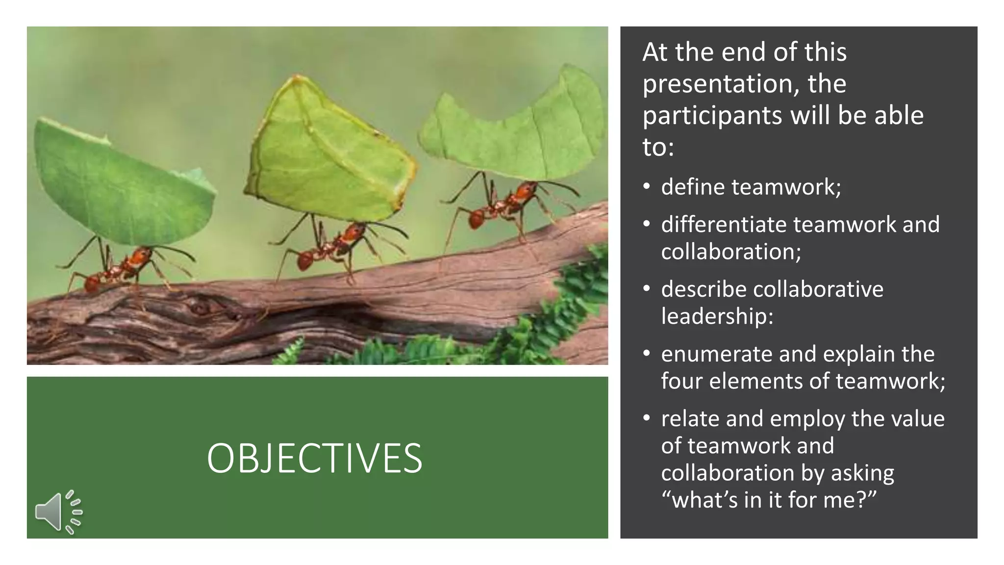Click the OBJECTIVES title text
[x=314, y=458]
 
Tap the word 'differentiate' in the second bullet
[x=724, y=225]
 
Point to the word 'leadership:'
[x=717, y=316]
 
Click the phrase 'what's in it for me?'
[x=768, y=500]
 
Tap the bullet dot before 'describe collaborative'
[x=647, y=289]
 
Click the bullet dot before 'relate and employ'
[x=647, y=418]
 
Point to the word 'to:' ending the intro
[x=658, y=147]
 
